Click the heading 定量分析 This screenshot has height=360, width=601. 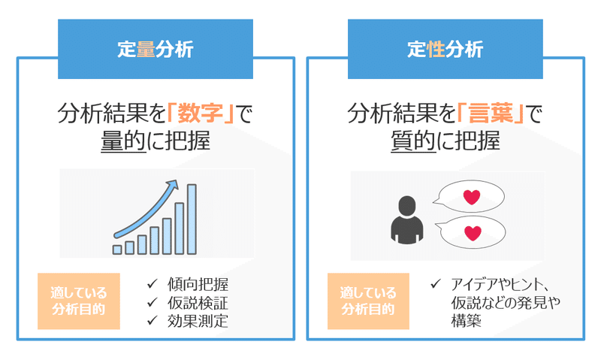156,50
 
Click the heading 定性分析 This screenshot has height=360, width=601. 445,50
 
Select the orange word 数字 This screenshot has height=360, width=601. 201,113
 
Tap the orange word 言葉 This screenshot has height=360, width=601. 491,113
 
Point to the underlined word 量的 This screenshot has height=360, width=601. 123,141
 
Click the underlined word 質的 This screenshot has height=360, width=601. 413,141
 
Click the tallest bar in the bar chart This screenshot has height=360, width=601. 192,219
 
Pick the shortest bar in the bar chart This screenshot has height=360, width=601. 117,250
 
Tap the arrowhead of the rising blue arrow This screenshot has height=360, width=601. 174,185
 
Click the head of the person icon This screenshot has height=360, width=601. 407,206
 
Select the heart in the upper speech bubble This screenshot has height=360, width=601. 472,197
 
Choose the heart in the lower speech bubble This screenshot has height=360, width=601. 473,233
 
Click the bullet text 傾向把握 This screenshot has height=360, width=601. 198,285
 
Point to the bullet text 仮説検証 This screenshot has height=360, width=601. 198,303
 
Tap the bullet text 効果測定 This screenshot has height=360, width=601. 198,321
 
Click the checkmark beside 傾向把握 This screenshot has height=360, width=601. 153,284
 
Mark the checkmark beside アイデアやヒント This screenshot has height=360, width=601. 436,284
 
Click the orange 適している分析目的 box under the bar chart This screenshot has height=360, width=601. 79,301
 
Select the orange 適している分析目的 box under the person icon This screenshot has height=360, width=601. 368,301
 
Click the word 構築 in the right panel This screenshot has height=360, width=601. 466,321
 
